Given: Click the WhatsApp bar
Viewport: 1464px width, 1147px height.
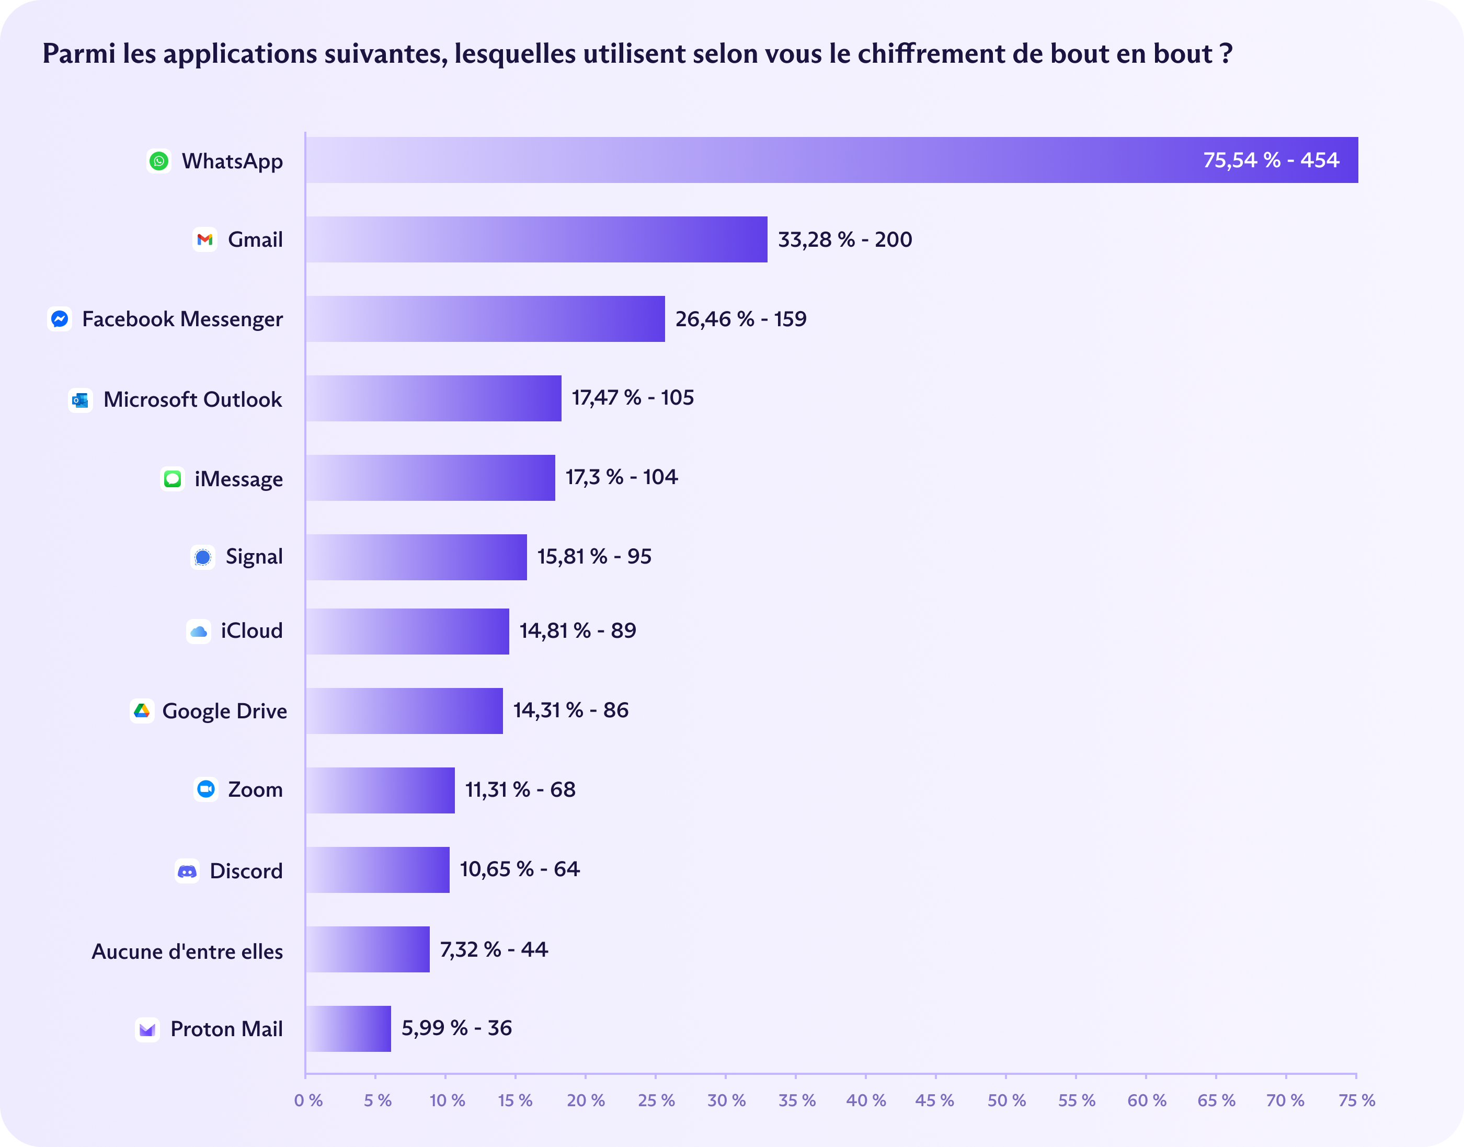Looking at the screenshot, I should [x=831, y=160].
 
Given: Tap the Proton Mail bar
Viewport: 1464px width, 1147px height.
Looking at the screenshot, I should [x=348, y=1028].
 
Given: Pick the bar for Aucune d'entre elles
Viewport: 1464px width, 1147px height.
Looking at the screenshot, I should [x=368, y=949].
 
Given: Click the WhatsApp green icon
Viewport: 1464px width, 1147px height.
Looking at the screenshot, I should [x=159, y=161].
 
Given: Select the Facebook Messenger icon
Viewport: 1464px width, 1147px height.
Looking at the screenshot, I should [x=60, y=319].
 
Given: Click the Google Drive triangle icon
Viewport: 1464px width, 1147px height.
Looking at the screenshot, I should [x=142, y=710].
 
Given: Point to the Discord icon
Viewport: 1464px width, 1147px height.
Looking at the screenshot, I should [x=187, y=871].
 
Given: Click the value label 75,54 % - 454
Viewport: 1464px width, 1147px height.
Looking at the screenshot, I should [x=1271, y=160].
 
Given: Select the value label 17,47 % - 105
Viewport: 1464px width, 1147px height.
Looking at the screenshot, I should [x=633, y=397].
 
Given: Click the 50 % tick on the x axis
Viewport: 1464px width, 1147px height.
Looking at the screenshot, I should [x=1006, y=1100].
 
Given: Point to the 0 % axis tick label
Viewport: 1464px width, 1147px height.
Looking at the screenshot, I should [x=308, y=1100].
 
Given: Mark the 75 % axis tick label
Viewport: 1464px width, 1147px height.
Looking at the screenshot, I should [x=1356, y=1100].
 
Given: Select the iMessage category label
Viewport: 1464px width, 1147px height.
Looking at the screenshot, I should [x=238, y=479].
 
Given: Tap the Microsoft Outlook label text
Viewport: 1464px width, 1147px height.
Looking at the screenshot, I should [x=193, y=399].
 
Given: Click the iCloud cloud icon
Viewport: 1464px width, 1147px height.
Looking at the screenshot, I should [x=199, y=631].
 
